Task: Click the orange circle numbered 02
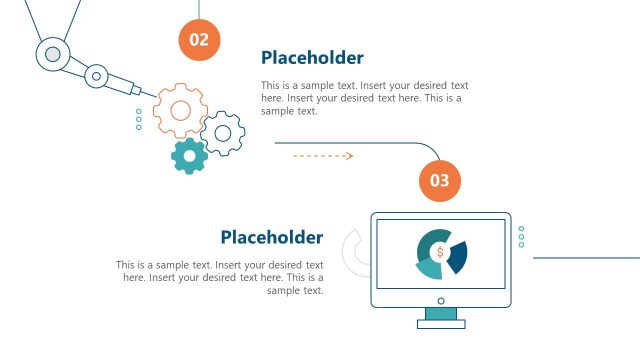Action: (x=200, y=40)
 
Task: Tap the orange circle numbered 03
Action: (x=440, y=181)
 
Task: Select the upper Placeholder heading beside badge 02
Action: (x=312, y=58)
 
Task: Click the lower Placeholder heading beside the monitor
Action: (x=272, y=237)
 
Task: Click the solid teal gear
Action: (x=189, y=155)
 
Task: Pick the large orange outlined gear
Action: (x=181, y=109)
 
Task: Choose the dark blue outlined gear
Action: (x=223, y=132)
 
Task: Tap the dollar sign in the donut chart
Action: (x=440, y=252)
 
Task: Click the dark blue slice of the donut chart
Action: (x=458, y=256)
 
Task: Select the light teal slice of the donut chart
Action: (x=429, y=268)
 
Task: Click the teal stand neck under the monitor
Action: (x=441, y=313)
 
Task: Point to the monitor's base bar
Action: (x=441, y=324)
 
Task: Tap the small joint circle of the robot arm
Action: (x=96, y=74)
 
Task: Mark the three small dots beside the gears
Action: (x=138, y=120)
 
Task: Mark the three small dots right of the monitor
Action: (x=521, y=236)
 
